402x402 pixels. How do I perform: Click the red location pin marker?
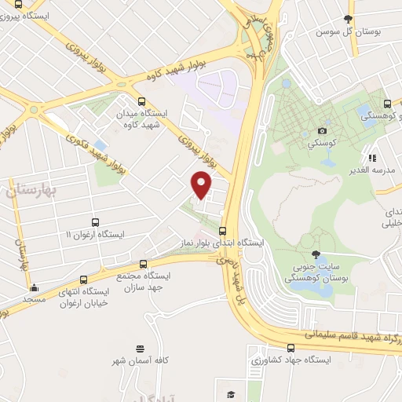(202, 185)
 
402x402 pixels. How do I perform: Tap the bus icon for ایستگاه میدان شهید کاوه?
(141, 101)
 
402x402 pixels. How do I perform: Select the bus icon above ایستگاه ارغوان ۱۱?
(95, 222)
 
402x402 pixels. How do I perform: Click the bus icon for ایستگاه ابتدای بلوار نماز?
(223, 231)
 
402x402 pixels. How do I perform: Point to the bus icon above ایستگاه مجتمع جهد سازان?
(143, 265)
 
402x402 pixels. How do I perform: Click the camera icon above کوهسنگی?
(322, 130)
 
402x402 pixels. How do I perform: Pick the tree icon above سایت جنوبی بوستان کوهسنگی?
(316, 254)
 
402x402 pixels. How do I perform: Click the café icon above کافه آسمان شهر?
(140, 348)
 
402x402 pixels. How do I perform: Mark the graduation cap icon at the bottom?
(230, 395)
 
